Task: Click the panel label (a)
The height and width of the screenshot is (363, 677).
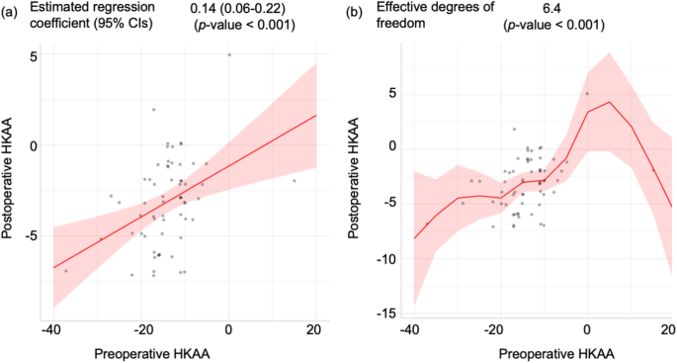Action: click(x=11, y=15)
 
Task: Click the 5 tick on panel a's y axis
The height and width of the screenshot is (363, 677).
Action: click(x=33, y=56)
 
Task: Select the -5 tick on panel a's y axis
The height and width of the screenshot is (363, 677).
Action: click(x=30, y=235)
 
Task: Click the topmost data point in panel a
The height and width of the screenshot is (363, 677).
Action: click(x=229, y=55)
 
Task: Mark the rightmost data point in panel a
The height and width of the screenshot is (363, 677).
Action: click(x=295, y=180)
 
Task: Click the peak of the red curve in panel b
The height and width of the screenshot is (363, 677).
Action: click(x=610, y=102)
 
